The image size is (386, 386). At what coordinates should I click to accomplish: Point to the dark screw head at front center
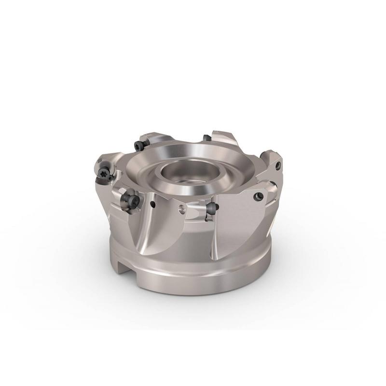pos(212,207)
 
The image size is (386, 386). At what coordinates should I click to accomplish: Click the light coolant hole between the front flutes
pos(181,209)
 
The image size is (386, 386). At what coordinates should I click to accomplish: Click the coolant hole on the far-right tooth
pos(278,166)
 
